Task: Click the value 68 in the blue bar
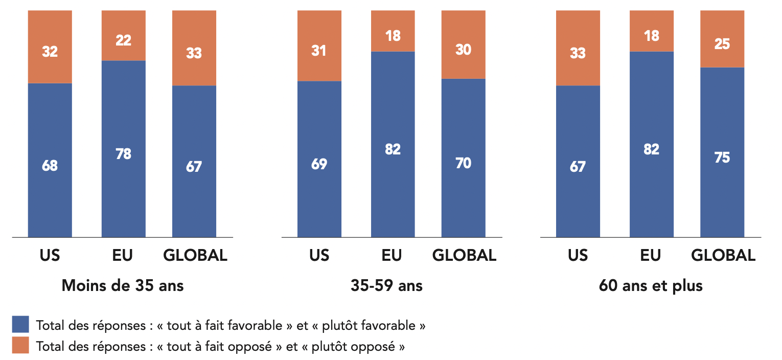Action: pyautogui.click(x=50, y=166)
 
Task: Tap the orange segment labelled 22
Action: pyautogui.click(x=123, y=39)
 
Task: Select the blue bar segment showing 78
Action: pyautogui.click(x=123, y=153)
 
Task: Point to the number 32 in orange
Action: pyautogui.click(x=50, y=52)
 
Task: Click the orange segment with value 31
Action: pyautogui.click(x=319, y=51)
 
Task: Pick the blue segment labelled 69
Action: pyautogui.click(x=319, y=164)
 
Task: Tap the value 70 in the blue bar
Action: pyautogui.click(x=463, y=163)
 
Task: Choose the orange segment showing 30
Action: pyautogui.click(x=463, y=50)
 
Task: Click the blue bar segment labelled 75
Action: pyautogui.click(x=722, y=157)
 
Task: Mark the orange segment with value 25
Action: pyautogui.click(x=722, y=44)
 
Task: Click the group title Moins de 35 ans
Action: pyautogui.click(x=123, y=285)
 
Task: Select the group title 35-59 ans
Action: pyautogui.click(x=387, y=285)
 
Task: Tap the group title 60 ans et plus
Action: pyautogui.click(x=651, y=285)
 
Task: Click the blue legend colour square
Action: pyautogui.click(x=20, y=324)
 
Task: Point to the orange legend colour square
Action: pyautogui.click(x=20, y=345)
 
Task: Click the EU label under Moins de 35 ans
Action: pyautogui.click(x=123, y=255)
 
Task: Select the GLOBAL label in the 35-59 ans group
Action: pyautogui.click(x=464, y=255)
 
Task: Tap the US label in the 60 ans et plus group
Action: pyautogui.click(x=578, y=255)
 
